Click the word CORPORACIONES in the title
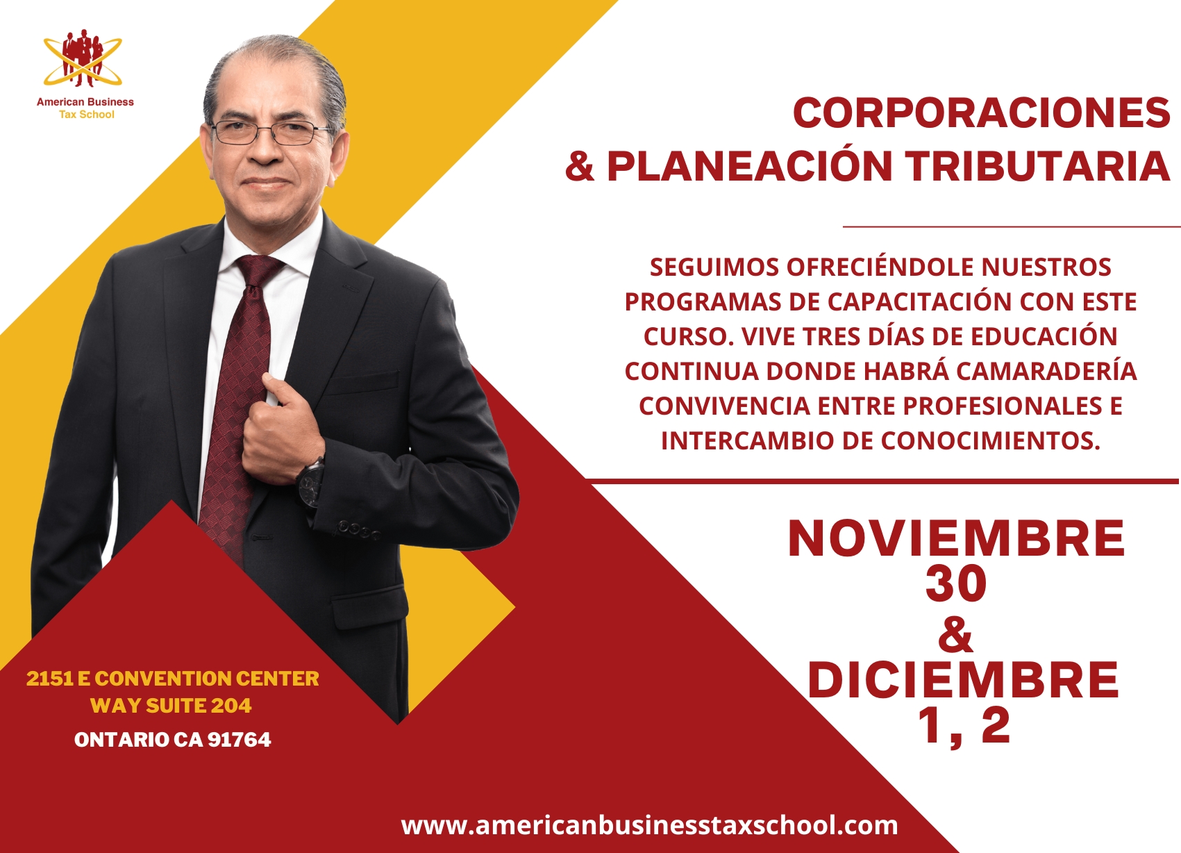981,113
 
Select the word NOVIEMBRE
957,538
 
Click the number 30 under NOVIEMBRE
956,584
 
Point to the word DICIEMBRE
963,680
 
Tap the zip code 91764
239,740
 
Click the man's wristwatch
312,482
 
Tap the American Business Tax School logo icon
83,58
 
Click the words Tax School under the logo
87,115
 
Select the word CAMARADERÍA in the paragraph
1046,371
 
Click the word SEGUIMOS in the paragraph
714,267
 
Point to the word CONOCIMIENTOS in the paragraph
991,440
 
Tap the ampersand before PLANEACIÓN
580,166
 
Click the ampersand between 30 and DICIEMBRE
956,633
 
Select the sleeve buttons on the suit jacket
360,530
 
